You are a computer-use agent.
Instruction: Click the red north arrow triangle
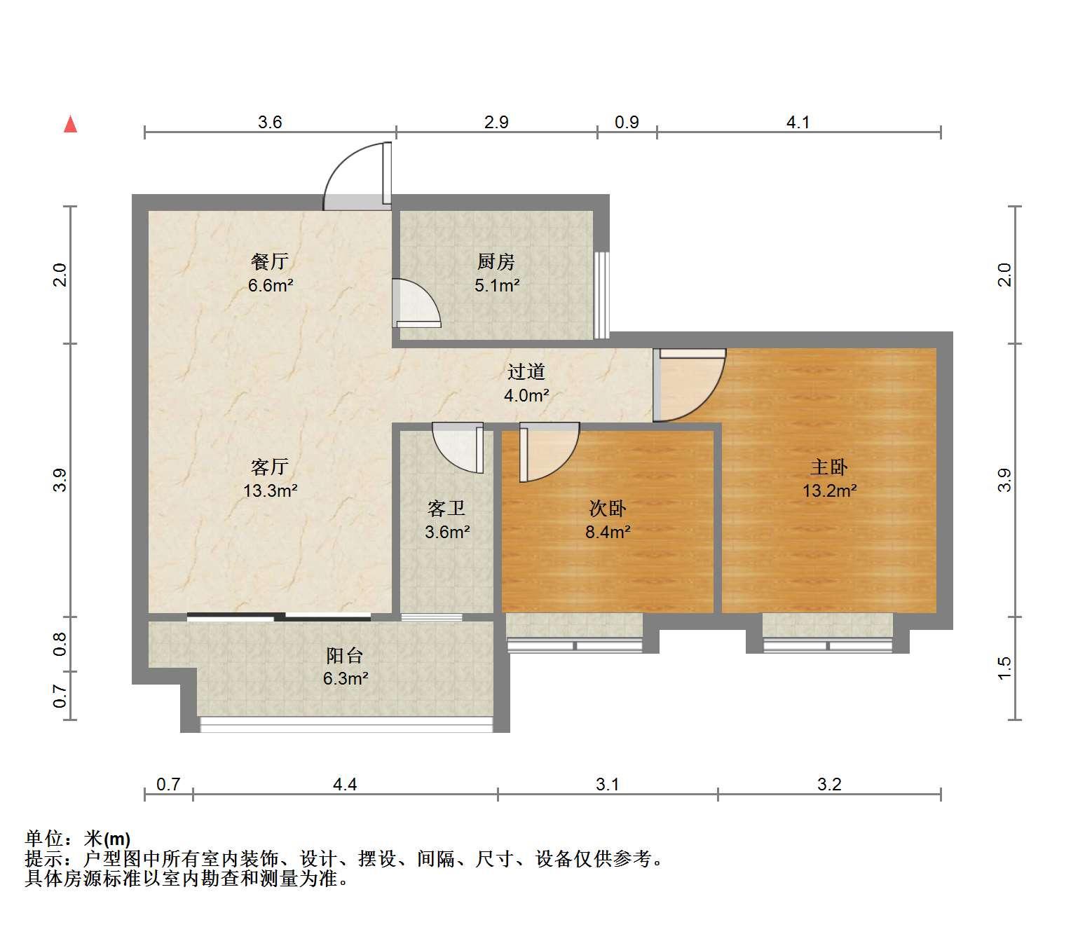coord(70,125)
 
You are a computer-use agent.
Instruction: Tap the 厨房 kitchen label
coord(496,261)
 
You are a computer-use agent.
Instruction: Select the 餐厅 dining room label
coord(270,261)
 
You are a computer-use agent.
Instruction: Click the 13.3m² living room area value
coord(271,490)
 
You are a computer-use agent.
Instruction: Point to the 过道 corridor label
coord(526,371)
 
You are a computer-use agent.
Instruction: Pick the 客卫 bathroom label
coord(446,508)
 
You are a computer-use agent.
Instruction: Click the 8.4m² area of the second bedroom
coord(608,532)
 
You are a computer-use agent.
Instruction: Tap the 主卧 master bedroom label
coord(829,467)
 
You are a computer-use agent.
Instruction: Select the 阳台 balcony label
coord(345,655)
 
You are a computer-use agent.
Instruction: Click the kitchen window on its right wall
coord(602,295)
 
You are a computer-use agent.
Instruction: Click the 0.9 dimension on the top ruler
coord(627,122)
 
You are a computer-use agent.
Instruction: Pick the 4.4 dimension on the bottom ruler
coord(345,784)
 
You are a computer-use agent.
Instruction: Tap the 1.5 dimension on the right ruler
coord(1004,668)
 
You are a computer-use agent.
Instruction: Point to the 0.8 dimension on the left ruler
coord(60,644)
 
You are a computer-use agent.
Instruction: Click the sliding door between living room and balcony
coord(279,617)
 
